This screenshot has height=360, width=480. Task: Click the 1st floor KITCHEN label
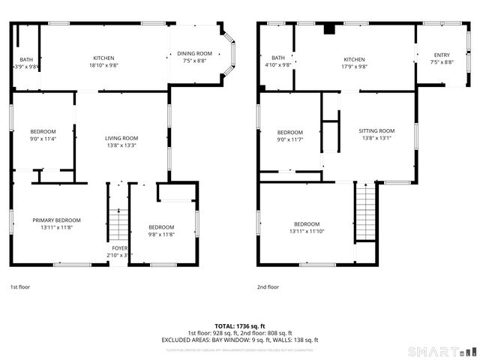tap(103, 58)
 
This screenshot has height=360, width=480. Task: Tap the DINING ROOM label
tap(194, 53)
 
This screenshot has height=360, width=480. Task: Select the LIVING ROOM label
tap(121, 138)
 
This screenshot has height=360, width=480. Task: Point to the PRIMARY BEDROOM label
tap(56, 220)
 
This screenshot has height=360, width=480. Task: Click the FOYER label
tap(120, 248)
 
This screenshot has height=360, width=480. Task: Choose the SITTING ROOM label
tap(376, 130)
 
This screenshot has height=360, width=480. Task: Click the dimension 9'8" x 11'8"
tap(160, 234)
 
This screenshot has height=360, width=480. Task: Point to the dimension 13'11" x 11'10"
tap(307, 231)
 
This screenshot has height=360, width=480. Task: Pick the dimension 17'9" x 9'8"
tap(354, 66)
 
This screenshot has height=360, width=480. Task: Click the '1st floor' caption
tap(20, 286)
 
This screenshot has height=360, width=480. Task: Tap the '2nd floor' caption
tap(268, 286)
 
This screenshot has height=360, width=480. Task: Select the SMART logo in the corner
tap(441, 351)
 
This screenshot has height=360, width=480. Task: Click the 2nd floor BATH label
tap(278, 58)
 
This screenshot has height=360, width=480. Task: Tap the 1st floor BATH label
tap(26, 59)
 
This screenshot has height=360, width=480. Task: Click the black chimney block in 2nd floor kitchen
tap(328, 30)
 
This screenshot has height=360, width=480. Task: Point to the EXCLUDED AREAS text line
tap(239, 340)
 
